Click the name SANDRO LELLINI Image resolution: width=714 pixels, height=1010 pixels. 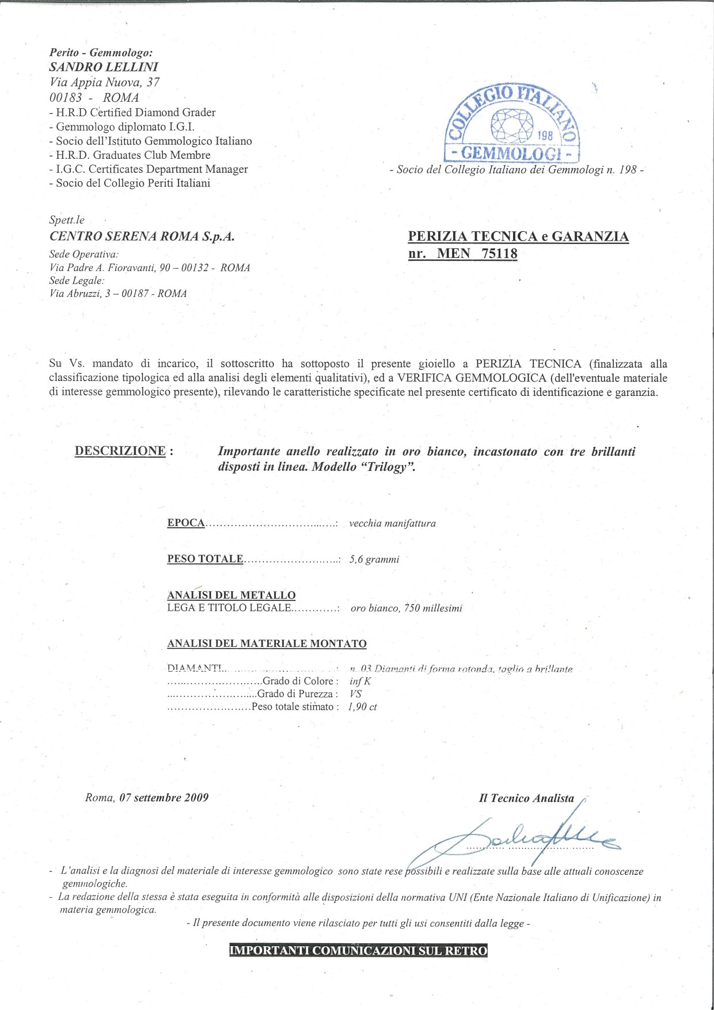pos(104,67)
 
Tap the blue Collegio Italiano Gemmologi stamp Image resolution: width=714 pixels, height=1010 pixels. pos(512,124)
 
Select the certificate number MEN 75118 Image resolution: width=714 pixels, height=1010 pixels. pos(477,253)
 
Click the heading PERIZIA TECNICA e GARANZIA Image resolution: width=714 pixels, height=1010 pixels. pos(518,237)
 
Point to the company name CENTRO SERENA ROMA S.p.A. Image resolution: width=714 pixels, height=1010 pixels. pos(142,236)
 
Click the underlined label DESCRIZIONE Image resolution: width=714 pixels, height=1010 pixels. pos(120,451)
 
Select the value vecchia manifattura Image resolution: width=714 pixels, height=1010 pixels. pos(392,523)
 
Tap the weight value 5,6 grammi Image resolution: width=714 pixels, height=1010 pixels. pos(374,559)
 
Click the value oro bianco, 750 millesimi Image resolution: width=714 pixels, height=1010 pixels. pos(406,608)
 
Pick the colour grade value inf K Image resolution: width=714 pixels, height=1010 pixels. pos(360,681)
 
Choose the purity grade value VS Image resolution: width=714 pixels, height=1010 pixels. pos(355,694)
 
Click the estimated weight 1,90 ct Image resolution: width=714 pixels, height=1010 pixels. pos(363,707)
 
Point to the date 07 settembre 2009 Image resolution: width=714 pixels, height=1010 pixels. pos(164,798)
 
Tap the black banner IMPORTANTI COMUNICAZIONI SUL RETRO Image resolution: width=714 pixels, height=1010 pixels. pos(358,951)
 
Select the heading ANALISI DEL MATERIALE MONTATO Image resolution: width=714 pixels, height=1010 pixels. pos(267,643)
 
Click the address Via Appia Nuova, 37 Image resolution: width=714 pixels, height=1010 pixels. pos(104,82)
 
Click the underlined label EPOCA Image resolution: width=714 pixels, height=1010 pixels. pos(186,523)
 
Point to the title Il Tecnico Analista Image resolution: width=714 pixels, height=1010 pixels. pos(526,798)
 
